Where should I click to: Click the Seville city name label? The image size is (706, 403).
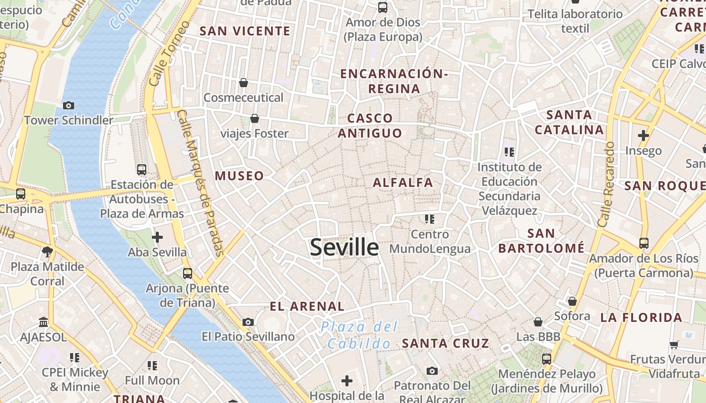coord(344,247)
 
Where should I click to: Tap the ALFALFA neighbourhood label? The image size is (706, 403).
coord(403,182)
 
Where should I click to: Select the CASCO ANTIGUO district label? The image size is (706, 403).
coord(370,125)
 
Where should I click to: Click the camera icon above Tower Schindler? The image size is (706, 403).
coord(69,105)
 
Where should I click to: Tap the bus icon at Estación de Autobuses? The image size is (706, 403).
coord(142,170)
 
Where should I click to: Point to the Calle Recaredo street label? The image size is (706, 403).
coord(606,184)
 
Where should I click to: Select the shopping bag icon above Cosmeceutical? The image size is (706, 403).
coord(244,83)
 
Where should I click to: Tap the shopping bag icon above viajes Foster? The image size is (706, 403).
coord(255,119)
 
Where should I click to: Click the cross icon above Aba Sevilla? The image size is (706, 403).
coord(157,237)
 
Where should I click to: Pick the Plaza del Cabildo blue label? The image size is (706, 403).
coord(359,335)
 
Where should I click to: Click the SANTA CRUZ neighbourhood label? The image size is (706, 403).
coord(445,344)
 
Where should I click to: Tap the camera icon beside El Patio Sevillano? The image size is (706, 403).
coord(248,322)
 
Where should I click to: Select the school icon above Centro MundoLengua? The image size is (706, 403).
coord(429,219)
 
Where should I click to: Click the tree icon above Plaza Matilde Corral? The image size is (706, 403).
coord(47,251)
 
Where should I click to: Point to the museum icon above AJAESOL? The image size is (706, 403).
coord(43,322)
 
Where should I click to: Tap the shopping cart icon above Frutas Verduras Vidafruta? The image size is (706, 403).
coord(674,345)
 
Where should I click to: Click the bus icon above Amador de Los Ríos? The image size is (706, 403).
coord(643,243)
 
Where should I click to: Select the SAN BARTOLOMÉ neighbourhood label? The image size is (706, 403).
coord(541,241)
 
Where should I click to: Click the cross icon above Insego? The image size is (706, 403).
coord(643,136)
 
